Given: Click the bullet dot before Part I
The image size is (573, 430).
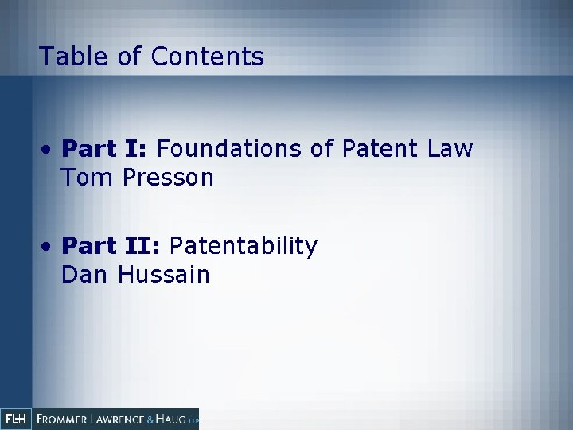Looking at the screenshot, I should coord(49,150).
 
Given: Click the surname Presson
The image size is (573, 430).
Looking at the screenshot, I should coord(169,178).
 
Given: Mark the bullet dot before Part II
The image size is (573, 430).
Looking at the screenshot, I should coord(49,248).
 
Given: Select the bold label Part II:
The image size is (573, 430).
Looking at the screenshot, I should coord(112,247).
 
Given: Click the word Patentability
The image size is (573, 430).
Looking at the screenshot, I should coord(244,247).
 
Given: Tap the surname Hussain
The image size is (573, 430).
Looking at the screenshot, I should coord(164,276).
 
